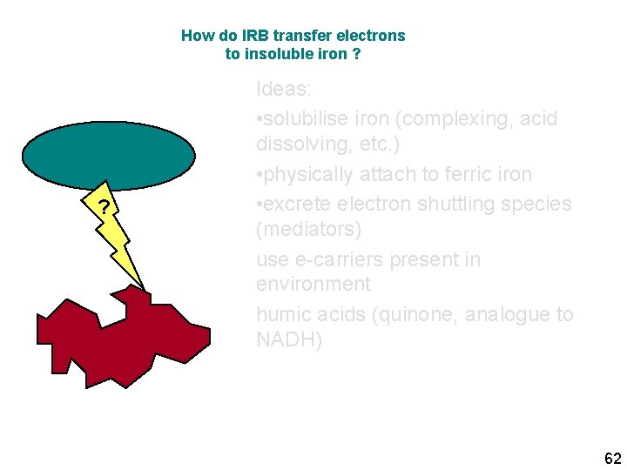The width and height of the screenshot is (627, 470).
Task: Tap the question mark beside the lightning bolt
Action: [x=104, y=207]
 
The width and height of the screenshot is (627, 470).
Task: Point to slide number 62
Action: [x=612, y=458]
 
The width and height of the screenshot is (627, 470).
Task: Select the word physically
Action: [x=306, y=174]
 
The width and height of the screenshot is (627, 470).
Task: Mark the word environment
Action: [x=313, y=284]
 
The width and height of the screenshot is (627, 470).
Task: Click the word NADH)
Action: [x=289, y=339]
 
